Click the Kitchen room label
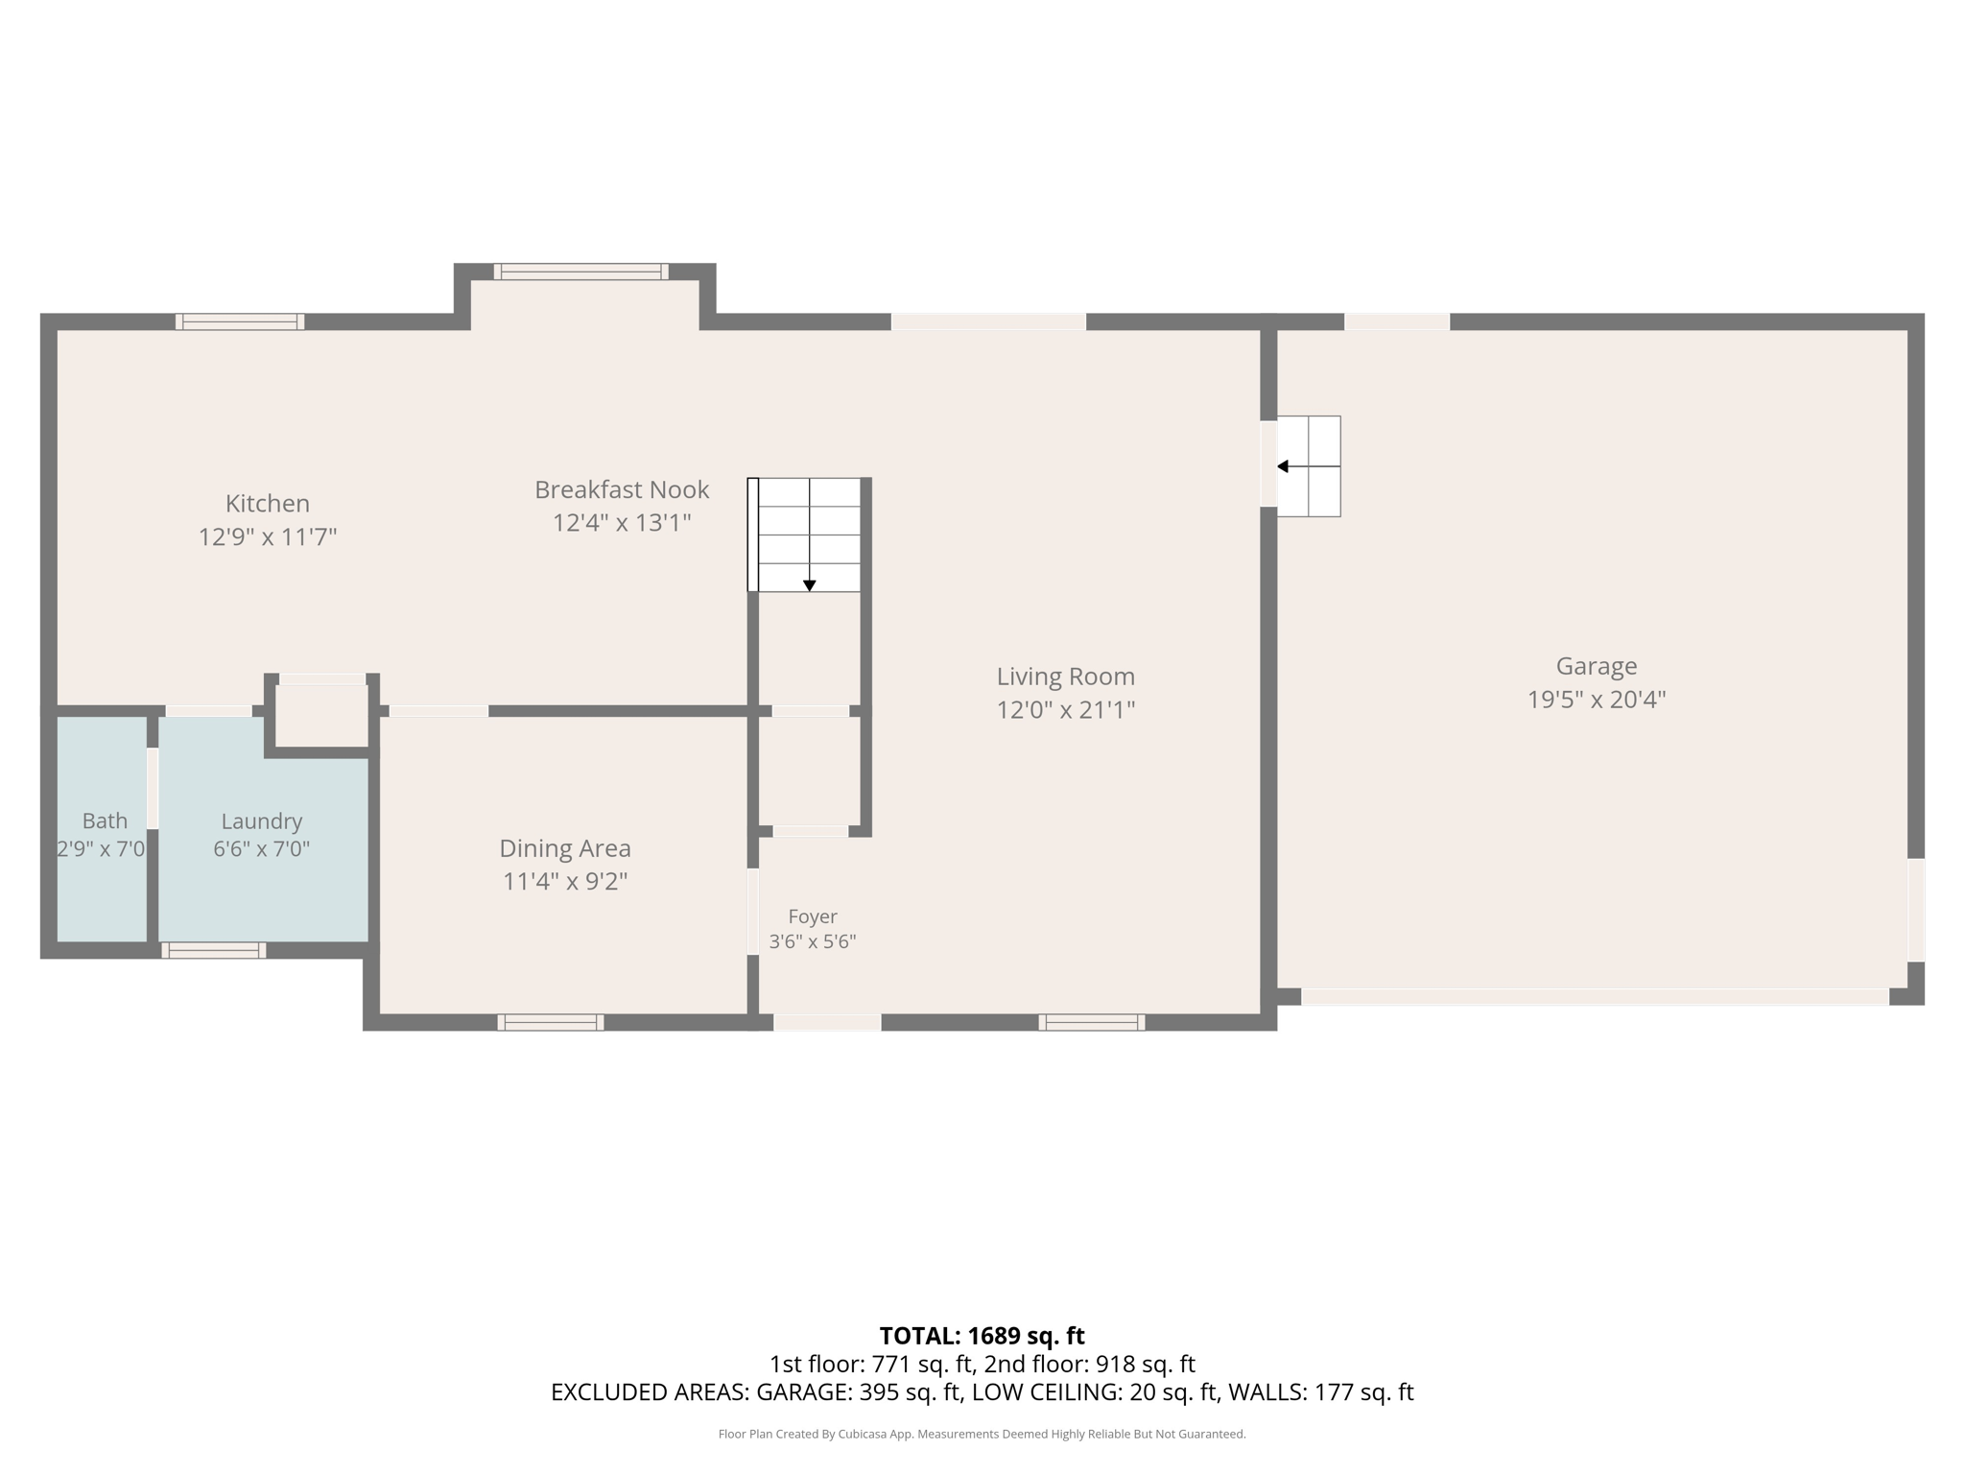tap(267, 504)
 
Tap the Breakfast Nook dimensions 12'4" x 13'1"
tap(622, 523)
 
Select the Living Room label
tap(1066, 677)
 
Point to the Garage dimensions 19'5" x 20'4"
tap(1597, 700)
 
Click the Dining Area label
tap(565, 848)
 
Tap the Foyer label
tap(813, 916)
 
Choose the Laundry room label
tap(261, 821)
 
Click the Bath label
tap(105, 820)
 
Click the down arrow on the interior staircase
tap(810, 585)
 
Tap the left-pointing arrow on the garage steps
tap(1283, 466)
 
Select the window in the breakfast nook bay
tap(580, 272)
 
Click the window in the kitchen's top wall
tap(240, 321)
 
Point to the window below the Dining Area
tap(551, 1022)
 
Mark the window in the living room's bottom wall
tap(1092, 1022)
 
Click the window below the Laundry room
tap(214, 950)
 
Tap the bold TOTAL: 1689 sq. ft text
tap(982, 1336)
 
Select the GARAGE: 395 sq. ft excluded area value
tap(860, 1391)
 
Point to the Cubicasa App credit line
tap(982, 1434)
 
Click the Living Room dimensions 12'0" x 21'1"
tap(1066, 710)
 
